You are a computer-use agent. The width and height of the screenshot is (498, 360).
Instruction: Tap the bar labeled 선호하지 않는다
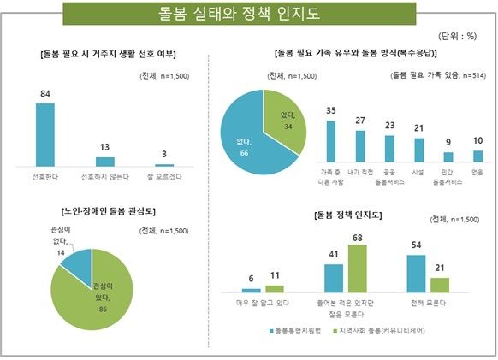[105, 161]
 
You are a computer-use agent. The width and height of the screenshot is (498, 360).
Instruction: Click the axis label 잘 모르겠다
[163, 177]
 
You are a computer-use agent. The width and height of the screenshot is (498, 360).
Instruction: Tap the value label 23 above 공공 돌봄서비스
[389, 125]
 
